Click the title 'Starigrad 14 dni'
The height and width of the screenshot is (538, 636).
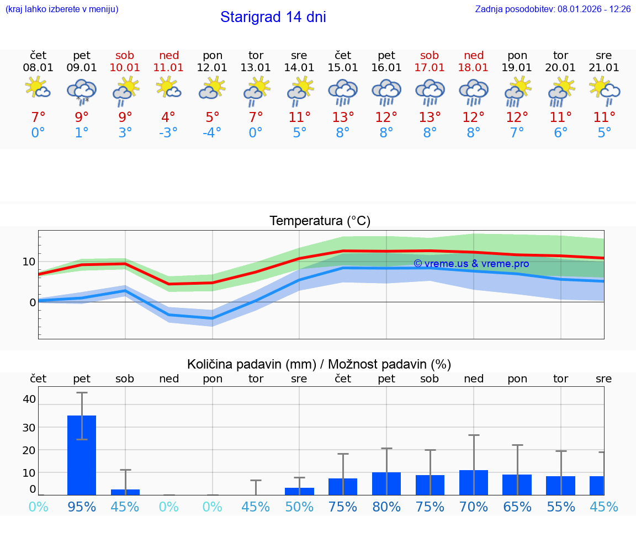pos(273,17)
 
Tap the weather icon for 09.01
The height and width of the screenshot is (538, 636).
pos(82,92)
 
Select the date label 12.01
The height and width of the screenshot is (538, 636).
pos(212,68)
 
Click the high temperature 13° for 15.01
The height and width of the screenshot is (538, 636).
pos(343,118)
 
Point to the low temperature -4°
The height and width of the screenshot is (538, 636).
pos(212,133)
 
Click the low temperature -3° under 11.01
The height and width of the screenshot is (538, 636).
pos(168,133)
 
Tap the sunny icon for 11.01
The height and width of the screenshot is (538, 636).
pos(168,88)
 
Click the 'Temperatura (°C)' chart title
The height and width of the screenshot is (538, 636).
pos(320,221)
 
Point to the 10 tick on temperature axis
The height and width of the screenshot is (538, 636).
pos(29,262)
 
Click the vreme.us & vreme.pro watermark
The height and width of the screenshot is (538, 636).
pos(471,264)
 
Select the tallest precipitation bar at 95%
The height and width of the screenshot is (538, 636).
pos(82,455)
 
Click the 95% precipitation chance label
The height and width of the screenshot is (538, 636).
pos(82,507)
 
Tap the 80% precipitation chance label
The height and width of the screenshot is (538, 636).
pos(386,507)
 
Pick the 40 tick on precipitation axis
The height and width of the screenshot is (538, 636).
pos(29,399)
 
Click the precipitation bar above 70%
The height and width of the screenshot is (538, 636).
pos(474,482)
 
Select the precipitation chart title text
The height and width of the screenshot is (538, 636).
pos(319,364)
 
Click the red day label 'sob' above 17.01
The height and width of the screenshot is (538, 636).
pos(430,55)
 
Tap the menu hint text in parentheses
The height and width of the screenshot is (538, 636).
pos(62,9)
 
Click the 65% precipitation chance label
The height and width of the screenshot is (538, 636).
pos(517,507)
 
